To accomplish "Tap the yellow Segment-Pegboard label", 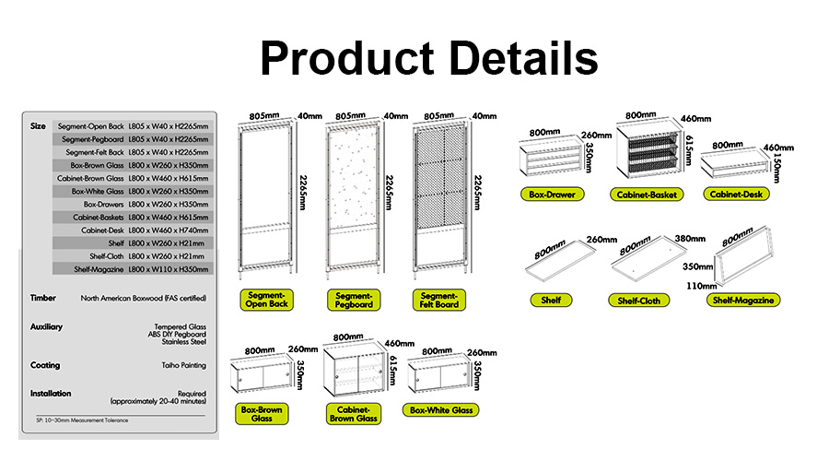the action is [x=354, y=300].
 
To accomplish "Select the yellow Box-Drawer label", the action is [x=552, y=195].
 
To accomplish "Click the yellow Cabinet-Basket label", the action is [x=647, y=195].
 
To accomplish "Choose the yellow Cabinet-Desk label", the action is [x=736, y=195].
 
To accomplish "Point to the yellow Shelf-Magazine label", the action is [x=742, y=300].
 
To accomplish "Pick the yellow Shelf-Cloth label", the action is [x=638, y=301].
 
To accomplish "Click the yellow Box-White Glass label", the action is [x=441, y=410].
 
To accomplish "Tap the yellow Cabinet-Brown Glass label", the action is [x=353, y=414].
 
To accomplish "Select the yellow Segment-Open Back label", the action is [x=266, y=300].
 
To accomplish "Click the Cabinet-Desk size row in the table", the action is [x=134, y=230].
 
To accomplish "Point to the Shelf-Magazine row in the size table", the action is [x=134, y=269].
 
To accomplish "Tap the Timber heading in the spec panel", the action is [x=42, y=298].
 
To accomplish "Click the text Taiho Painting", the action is [x=184, y=365].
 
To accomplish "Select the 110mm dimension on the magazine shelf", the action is [x=701, y=286].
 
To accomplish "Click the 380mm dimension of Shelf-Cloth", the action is [x=689, y=239].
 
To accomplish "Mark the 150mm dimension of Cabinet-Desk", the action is [x=776, y=169].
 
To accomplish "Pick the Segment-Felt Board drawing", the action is [x=440, y=198].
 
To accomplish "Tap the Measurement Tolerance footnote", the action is [x=82, y=420].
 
